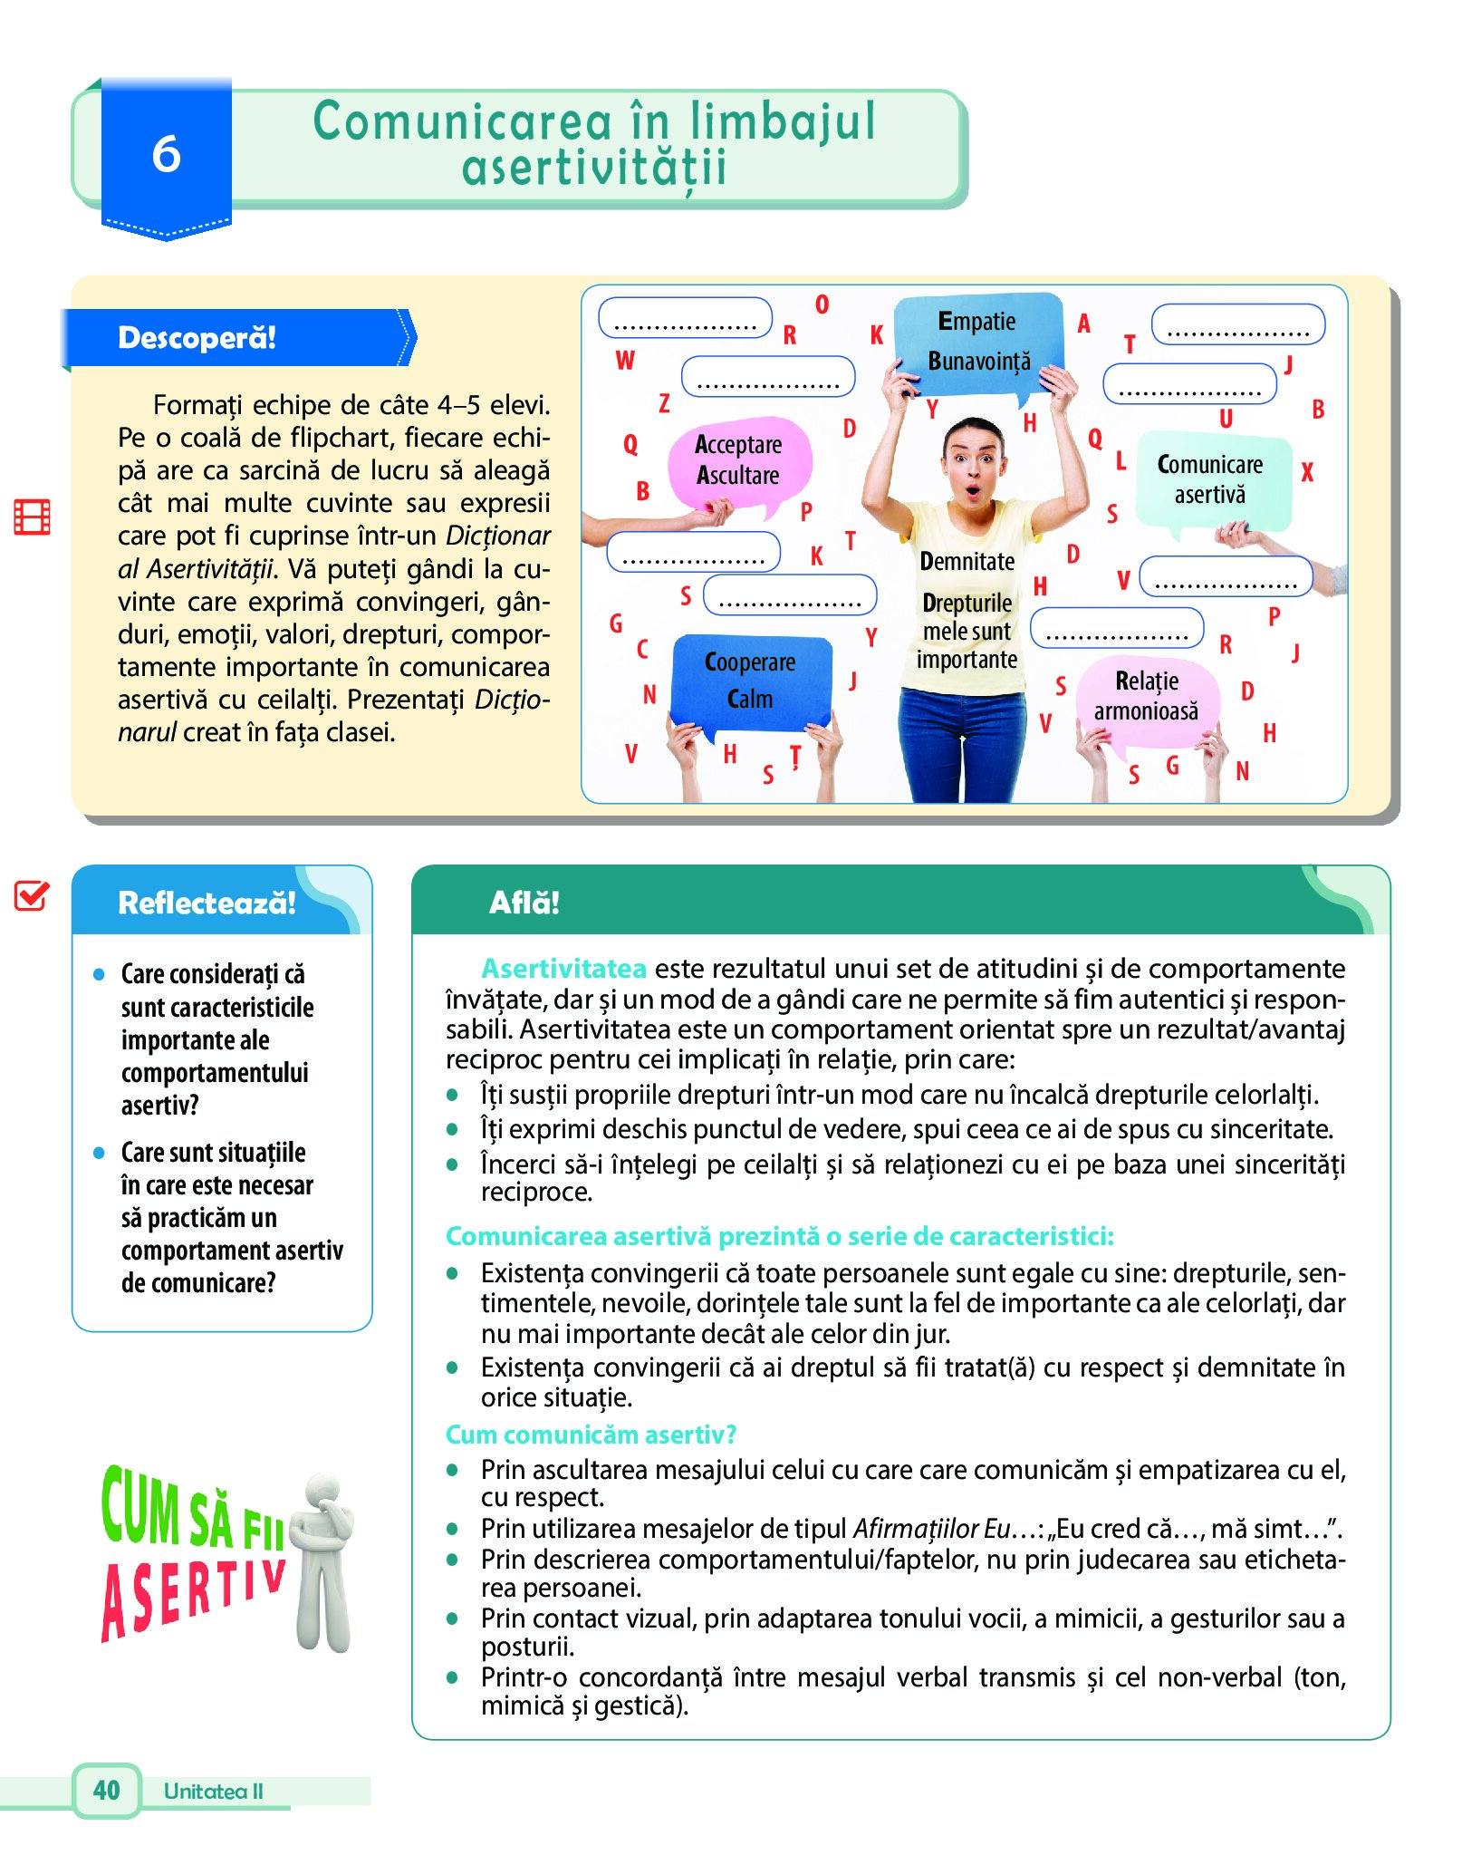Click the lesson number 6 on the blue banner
coord(166,154)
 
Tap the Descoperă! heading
coord(197,338)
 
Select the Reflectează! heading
coord(207,903)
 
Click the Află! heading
coord(524,903)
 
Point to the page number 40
coord(106,1790)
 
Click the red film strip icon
coord(32,517)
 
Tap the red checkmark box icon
coord(31,895)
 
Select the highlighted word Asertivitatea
coord(563,969)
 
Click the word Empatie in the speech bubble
coord(976,322)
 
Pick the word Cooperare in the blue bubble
coord(750,662)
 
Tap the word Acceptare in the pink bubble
coord(738,444)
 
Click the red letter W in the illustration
coord(625,361)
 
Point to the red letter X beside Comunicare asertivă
coord(1306,472)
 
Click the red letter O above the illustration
coord(822,304)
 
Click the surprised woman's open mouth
coord(972,491)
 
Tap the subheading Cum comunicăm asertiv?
coord(591,1435)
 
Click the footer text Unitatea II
coord(213,1791)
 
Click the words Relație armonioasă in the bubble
coord(1146,696)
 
